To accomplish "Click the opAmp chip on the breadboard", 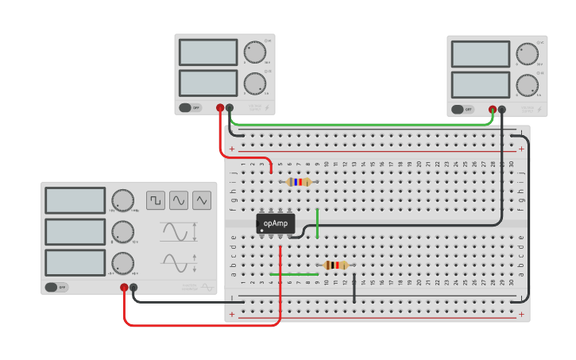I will (x=276, y=223).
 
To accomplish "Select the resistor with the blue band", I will (x=299, y=182).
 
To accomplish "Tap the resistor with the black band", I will (x=335, y=265).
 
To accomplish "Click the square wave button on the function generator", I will (x=156, y=200).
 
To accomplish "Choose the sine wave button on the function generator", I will (x=179, y=200).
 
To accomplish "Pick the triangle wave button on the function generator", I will (x=202, y=200).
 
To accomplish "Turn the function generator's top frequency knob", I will (x=122, y=200).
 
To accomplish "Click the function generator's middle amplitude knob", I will (x=122, y=232).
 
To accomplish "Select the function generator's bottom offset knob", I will (x=122, y=263).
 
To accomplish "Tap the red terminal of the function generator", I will (x=124, y=288).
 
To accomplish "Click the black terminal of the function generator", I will (x=133, y=288).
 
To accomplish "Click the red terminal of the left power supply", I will (x=220, y=107).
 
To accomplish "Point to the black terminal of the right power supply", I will (x=501, y=110).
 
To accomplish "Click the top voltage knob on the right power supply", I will (x=527, y=52).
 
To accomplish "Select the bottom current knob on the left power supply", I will (x=254, y=83).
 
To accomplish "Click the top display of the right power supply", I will (x=481, y=54).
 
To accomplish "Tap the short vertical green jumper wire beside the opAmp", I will (x=317, y=223).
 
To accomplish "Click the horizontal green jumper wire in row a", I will (x=293, y=274).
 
